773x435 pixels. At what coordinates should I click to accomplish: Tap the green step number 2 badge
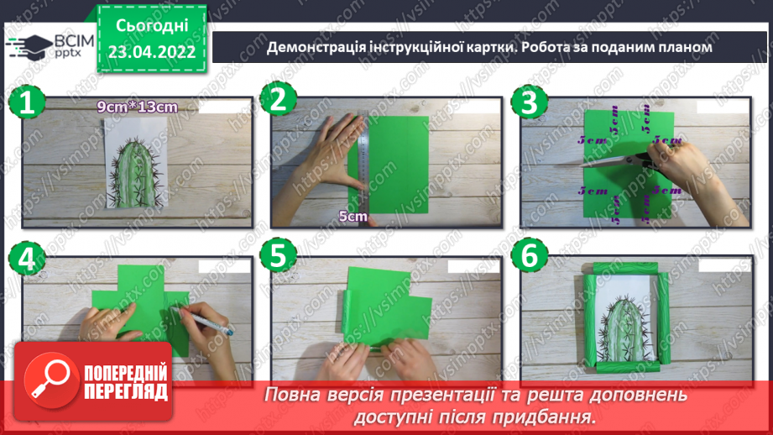(278, 102)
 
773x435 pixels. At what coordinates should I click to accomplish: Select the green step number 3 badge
(528, 102)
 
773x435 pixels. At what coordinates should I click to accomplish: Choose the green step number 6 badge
(528, 259)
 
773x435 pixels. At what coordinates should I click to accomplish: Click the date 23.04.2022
(151, 51)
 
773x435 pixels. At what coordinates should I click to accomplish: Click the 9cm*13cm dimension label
(137, 107)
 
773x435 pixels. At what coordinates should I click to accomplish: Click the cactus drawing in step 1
(137, 172)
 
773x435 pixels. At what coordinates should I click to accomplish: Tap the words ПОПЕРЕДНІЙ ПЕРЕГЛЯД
(125, 383)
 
